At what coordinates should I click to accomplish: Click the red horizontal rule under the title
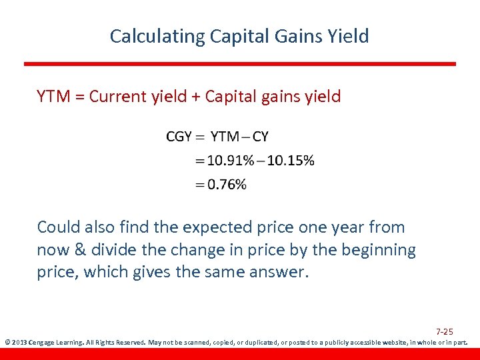coord(240,64)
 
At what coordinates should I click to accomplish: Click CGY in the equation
coord(179,137)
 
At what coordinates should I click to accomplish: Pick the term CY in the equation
coord(261,137)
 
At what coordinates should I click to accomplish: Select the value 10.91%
coord(231,161)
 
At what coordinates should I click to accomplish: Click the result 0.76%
coord(227,185)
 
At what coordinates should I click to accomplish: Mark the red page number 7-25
coord(445,331)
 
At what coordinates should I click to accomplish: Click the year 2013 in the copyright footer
coord(18,343)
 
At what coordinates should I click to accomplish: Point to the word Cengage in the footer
coord(46,343)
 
